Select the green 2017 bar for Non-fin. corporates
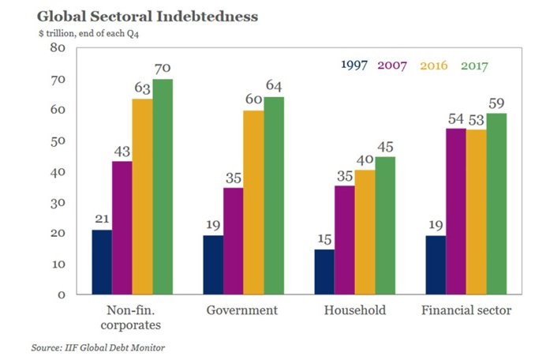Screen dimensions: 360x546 pos(163,186)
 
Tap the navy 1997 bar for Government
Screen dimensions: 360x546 pos(213,264)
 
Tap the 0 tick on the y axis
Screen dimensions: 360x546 pos(60,294)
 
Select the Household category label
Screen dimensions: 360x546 pos(354,310)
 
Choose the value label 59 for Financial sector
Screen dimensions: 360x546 pos(496,103)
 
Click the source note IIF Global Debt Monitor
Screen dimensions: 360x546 pos(99,347)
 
